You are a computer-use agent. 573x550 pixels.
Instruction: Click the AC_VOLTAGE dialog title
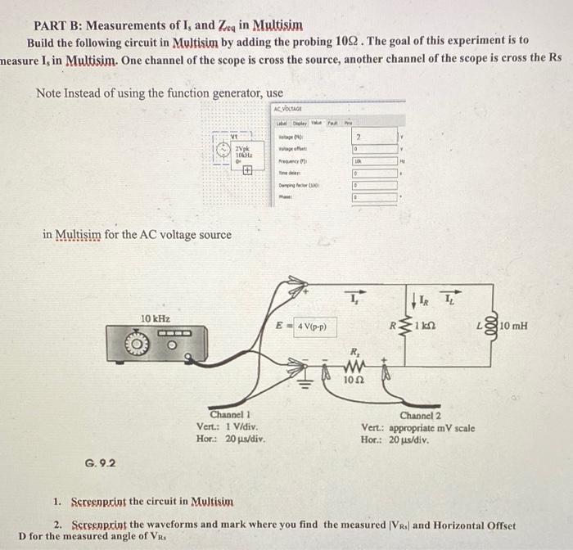tap(289, 109)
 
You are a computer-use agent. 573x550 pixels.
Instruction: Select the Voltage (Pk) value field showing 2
tap(357, 137)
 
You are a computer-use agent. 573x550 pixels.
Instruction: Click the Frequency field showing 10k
tap(357, 163)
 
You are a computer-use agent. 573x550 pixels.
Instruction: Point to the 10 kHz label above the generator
tap(156, 318)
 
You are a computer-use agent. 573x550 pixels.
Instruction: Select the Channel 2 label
tap(421, 416)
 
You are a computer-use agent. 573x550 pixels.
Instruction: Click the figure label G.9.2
tap(99, 463)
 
